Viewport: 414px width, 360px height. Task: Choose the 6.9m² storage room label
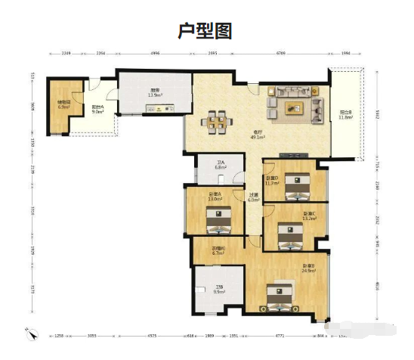63,104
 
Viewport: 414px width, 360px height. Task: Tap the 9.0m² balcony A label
98,110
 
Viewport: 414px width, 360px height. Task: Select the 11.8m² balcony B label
346,115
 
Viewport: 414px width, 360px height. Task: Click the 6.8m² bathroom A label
221,165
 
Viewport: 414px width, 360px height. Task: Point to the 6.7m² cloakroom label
218,251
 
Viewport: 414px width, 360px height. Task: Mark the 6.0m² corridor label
254,198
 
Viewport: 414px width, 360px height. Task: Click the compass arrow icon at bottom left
32,334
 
